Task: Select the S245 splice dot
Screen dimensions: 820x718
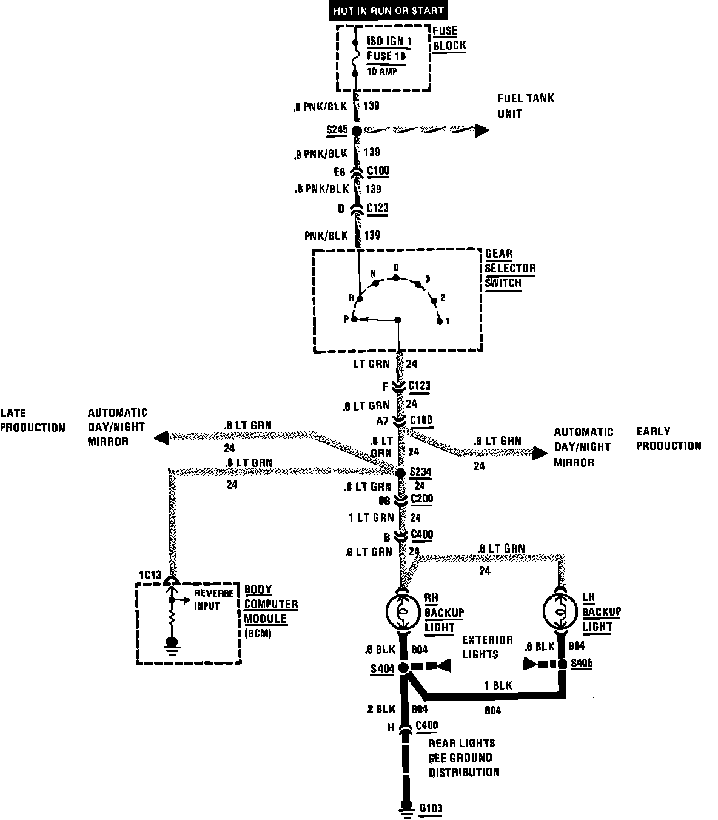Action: pos(357,130)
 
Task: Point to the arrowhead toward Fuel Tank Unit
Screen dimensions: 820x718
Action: pos(482,130)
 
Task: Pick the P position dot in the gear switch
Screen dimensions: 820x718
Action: pos(354,319)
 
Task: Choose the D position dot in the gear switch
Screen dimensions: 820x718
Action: pos(395,277)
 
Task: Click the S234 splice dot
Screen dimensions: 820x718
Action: pos(400,472)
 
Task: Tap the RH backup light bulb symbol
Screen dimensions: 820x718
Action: pos(401,611)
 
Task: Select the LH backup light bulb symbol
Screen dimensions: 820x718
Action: pos(560,611)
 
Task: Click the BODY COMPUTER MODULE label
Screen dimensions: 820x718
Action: pos(270,604)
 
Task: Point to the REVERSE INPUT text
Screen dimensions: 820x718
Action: pos(213,599)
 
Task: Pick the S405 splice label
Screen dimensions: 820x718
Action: pos(581,662)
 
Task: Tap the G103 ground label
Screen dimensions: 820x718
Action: pos(431,808)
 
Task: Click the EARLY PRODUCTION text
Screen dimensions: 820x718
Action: pos(668,439)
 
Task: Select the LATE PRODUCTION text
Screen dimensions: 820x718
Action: pos(32,420)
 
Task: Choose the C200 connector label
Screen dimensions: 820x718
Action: pos(422,499)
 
